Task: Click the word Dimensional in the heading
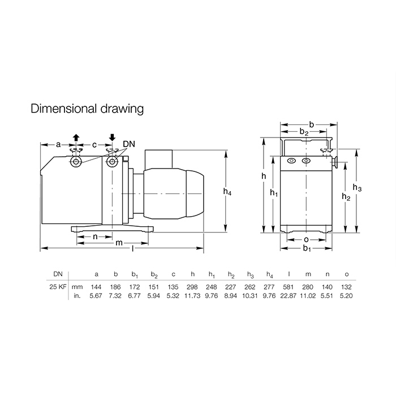[x=63, y=109]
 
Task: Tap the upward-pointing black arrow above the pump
[x=76, y=138]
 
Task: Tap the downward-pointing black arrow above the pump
[x=112, y=137]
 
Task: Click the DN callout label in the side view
[x=129, y=144]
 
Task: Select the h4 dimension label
[x=227, y=192]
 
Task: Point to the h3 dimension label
[x=357, y=188]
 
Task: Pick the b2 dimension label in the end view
[x=304, y=132]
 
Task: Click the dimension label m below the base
[x=119, y=243]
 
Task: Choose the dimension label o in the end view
[x=306, y=239]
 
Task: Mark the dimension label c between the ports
[x=94, y=145]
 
